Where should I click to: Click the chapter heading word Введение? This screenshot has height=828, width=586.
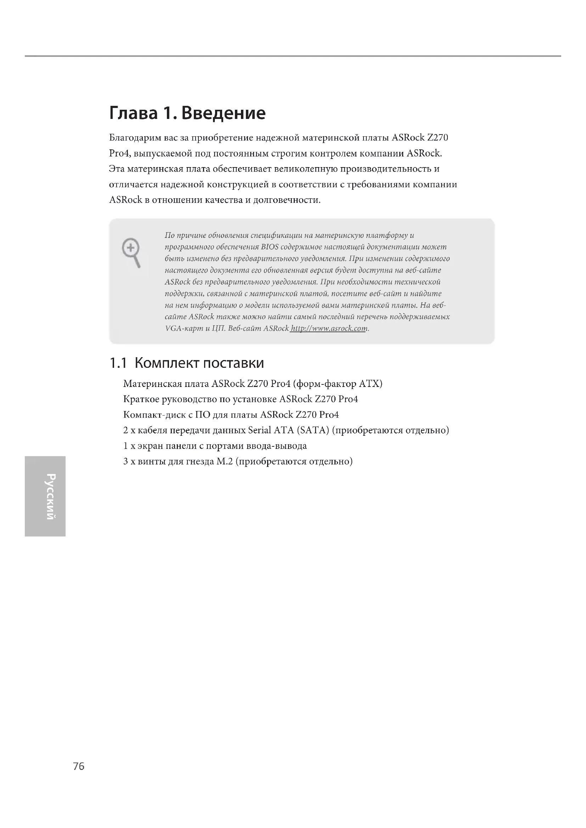pos(223,113)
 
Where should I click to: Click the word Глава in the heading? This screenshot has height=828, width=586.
pos(134,113)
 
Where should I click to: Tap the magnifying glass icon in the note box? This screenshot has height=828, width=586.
pos(131,252)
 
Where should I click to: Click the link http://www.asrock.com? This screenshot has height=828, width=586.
pos(329,329)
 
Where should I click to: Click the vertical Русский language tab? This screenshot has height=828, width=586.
pos(44,496)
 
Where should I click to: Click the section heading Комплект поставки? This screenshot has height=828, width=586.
pos(199,363)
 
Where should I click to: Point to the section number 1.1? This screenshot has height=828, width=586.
pos(118,363)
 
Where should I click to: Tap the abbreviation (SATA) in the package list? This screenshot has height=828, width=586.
pos(312,430)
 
